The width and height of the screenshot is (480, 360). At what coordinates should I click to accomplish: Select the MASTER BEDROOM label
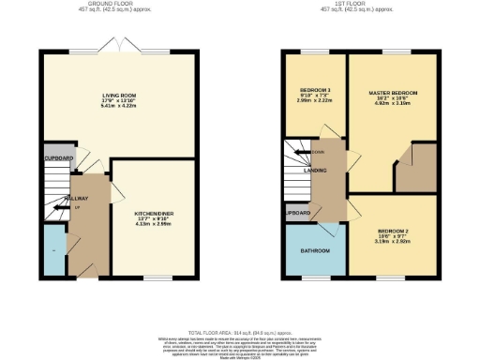393,93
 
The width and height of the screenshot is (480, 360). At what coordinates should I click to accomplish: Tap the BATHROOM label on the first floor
314,250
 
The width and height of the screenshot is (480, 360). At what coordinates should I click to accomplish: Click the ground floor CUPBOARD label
58,158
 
